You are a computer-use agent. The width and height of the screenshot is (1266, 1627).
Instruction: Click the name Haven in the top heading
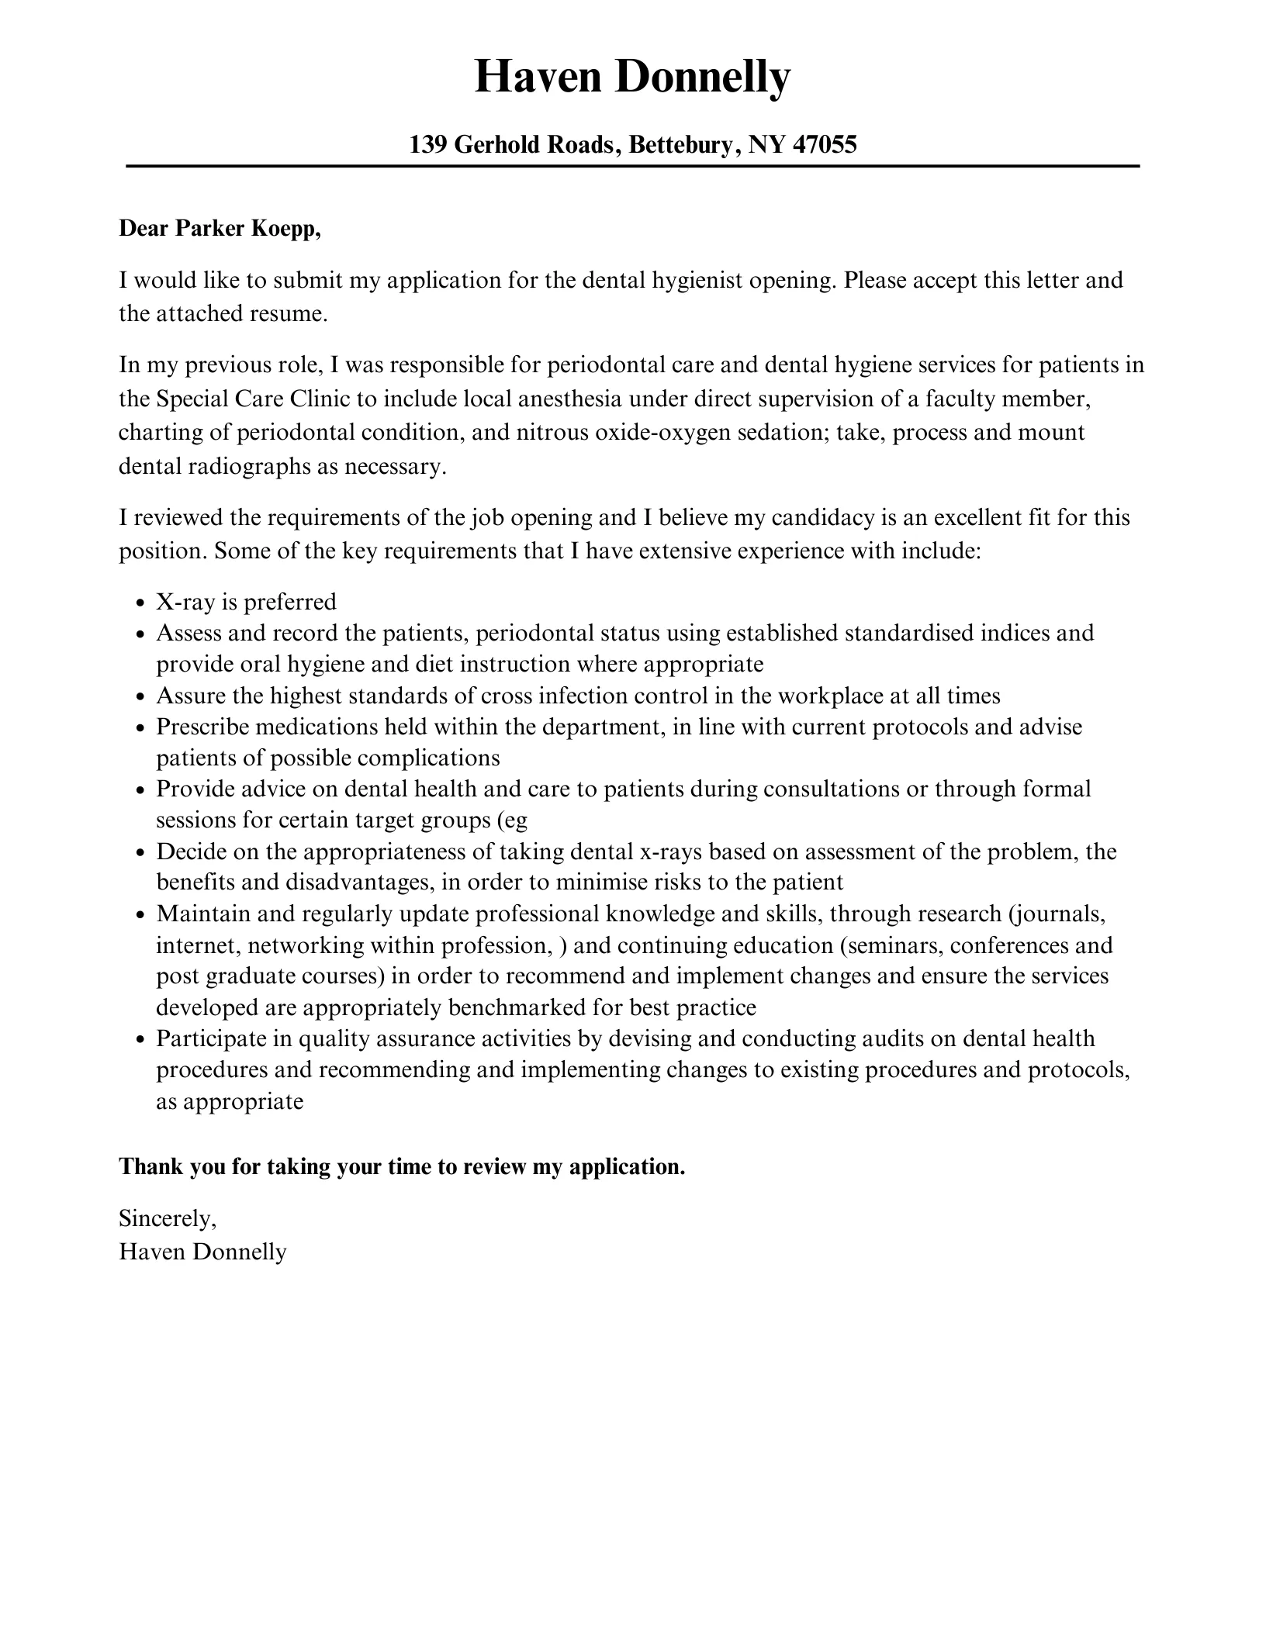(x=535, y=78)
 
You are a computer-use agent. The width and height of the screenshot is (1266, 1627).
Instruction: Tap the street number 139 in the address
(x=427, y=144)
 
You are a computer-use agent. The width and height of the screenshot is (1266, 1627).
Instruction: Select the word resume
(x=287, y=313)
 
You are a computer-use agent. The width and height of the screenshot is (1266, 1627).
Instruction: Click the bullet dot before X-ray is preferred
(x=140, y=603)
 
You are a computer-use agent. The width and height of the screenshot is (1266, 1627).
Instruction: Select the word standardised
(x=909, y=633)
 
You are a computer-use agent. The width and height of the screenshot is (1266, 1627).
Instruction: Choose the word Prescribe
(x=202, y=727)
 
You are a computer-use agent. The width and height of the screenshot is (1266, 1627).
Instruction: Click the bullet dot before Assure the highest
(x=140, y=697)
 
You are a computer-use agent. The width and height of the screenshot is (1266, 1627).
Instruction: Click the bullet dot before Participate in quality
(x=140, y=1040)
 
